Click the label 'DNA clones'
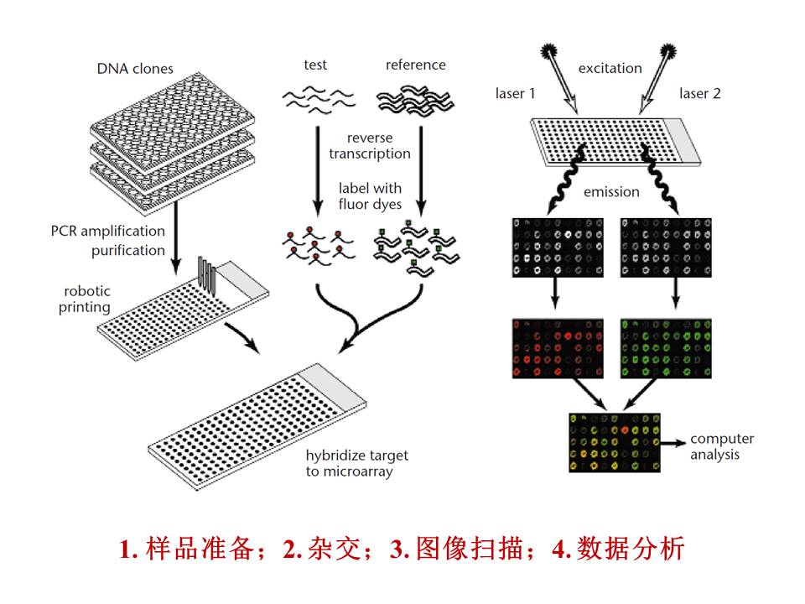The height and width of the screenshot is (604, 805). pos(135,68)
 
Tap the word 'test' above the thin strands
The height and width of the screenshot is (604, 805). pos(315,65)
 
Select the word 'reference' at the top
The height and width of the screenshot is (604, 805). pos(415,65)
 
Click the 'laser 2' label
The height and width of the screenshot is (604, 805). pos(699,93)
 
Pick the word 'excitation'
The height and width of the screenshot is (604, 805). pos(610,68)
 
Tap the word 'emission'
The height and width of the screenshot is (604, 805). pos(611,192)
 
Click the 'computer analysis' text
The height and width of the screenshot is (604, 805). pos(721,446)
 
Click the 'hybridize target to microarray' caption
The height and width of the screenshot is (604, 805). pos(357,463)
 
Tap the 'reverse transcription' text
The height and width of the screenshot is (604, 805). pos(370,145)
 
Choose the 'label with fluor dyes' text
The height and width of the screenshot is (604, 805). pos(370,195)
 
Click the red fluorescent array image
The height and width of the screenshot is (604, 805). pos(557,346)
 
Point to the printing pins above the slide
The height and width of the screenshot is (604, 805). pos(206,276)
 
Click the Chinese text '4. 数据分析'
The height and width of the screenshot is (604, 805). pos(619,549)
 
